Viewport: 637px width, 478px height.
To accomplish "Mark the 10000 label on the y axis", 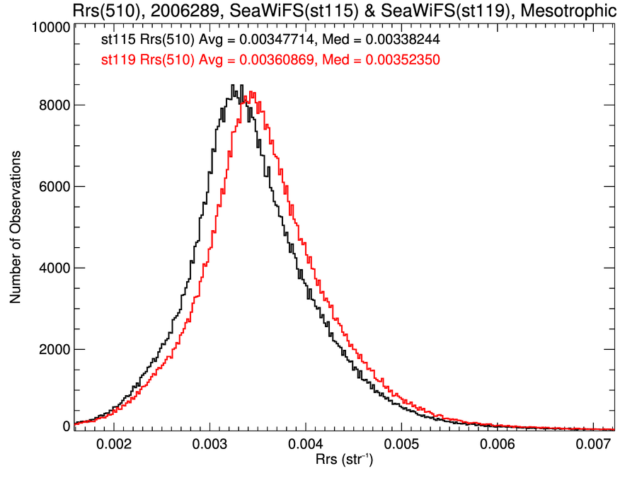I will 50,28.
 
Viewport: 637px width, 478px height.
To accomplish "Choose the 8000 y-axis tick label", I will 54,105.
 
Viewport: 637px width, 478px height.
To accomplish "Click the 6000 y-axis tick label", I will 54,186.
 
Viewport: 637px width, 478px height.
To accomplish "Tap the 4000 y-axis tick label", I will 54,268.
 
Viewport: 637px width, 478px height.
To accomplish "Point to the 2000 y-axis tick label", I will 54,349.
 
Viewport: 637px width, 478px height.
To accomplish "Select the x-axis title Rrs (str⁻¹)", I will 344,461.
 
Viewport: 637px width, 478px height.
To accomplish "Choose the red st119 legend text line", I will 270,60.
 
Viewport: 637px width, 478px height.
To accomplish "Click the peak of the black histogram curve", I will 232,86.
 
